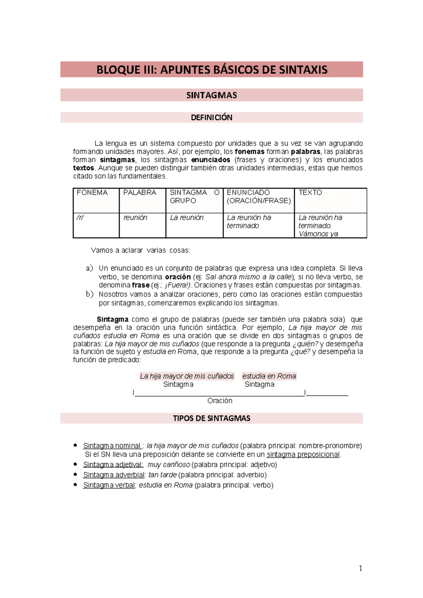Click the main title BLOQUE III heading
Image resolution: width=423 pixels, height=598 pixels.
pyautogui.click(x=211, y=70)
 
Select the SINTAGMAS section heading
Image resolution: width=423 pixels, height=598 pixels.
pyautogui.click(x=211, y=95)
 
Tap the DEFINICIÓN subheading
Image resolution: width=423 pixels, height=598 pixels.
pyautogui.click(x=211, y=118)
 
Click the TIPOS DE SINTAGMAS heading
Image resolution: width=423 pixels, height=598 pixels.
pyautogui.click(x=211, y=418)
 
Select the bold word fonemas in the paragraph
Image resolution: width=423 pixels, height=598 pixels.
pyautogui.click(x=250, y=152)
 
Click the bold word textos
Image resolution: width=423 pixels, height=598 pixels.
pyautogui.click(x=84, y=168)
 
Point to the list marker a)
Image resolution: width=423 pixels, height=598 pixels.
pyautogui.click(x=90, y=268)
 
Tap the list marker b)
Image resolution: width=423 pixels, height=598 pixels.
pyautogui.click(x=90, y=294)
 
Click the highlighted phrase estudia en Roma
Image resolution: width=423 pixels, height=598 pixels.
pyautogui.click(x=269, y=376)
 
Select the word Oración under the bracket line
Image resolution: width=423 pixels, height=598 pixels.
pyautogui.click(x=220, y=401)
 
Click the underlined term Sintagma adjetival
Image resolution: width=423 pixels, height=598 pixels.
pyautogui.click(x=113, y=465)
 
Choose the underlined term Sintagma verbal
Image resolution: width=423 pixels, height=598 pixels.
pyautogui.click(x=109, y=485)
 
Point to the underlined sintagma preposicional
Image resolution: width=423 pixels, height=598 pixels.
pyautogui.click(x=303, y=455)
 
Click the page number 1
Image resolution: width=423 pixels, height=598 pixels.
pyautogui.click(x=360, y=568)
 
